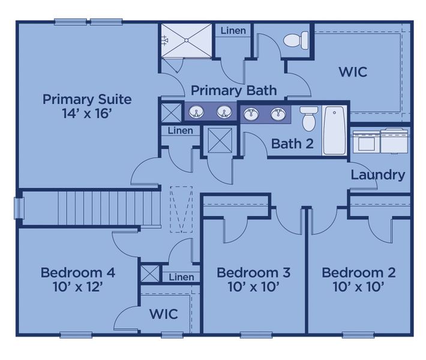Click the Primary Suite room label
[x=87, y=99]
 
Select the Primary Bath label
[x=233, y=91]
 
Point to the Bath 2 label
[x=292, y=144]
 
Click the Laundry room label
[x=377, y=175]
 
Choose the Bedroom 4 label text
[x=78, y=273]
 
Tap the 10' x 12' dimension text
[x=78, y=287]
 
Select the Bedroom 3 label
[x=253, y=273]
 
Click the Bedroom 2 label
[x=358, y=273]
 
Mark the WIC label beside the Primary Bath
[x=352, y=73]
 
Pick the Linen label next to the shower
[x=233, y=31]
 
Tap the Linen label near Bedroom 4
[x=181, y=277]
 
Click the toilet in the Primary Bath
[x=296, y=40]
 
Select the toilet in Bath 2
[x=309, y=118]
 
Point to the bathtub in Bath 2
[x=334, y=129]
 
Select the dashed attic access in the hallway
[x=181, y=209]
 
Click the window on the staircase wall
[x=19, y=208]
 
